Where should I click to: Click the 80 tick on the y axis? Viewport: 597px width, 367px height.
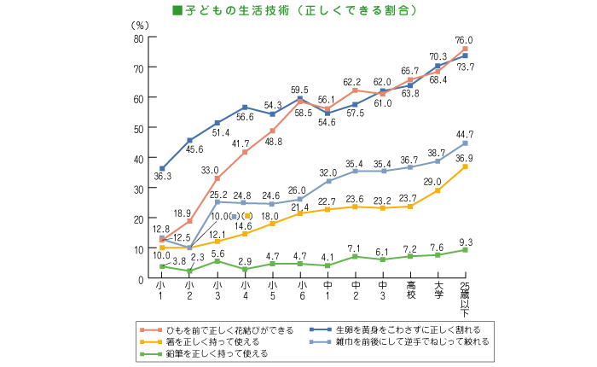[x=137, y=38]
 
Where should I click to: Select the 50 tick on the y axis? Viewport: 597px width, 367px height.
[x=137, y=128]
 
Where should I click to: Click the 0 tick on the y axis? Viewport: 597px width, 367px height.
[x=140, y=278]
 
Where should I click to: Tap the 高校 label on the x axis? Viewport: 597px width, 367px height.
[x=410, y=289]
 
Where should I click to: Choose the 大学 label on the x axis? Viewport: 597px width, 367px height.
[x=438, y=289]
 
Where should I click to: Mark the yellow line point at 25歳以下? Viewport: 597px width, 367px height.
[x=466, y=166]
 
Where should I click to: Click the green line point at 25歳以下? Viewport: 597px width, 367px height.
[x=466, y=250]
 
